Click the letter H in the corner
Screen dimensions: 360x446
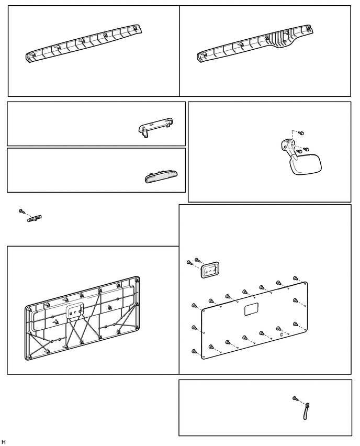point(4,442)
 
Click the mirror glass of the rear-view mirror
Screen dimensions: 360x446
point(306,164)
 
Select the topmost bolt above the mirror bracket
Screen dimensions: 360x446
point(302,133)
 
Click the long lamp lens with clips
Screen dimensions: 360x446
point(161,176)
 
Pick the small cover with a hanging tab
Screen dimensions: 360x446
point(155,127)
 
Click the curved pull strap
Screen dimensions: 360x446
point(306,411)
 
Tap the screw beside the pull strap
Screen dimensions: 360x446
point(295,398)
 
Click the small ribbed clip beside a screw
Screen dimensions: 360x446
point(35,218)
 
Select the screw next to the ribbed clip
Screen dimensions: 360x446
point(21,211)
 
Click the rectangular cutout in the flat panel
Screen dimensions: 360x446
point(251,309)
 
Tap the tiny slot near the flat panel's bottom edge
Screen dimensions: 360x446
point(282,334)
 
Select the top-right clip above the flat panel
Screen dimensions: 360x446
point(296,278)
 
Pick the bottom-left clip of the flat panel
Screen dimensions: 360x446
point(195,352)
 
